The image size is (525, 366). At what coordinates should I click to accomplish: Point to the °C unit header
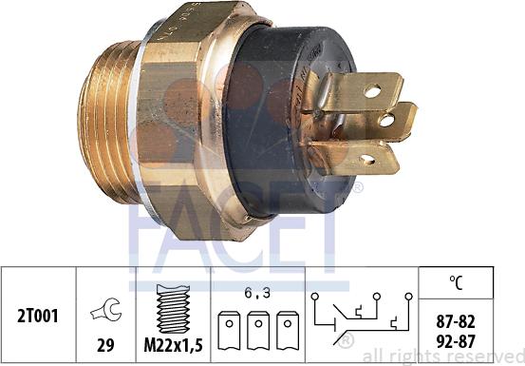pos(456,281)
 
